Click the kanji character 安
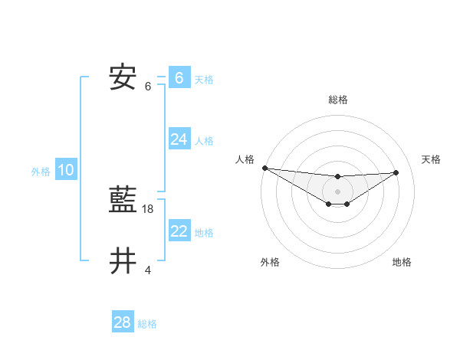click(123, 78)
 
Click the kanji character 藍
click(123, 201)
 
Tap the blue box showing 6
click(179, 78)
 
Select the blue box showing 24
click(179, 139)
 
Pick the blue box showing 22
click(179, 231)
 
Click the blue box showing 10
click(65, 171)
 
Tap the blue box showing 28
click(122, 323)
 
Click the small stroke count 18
click(148, 209)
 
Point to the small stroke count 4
click(148, 270)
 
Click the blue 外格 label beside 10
click(41, 172)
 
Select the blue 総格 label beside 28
click(147, 324)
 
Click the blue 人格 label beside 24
click(204, 141)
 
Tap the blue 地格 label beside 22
click(204, 233)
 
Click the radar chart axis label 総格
click(337, 100)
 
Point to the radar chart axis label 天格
click(431, 159)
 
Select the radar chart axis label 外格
click(269, 262)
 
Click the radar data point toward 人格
click(264, 168)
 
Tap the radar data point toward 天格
click(396, 172)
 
